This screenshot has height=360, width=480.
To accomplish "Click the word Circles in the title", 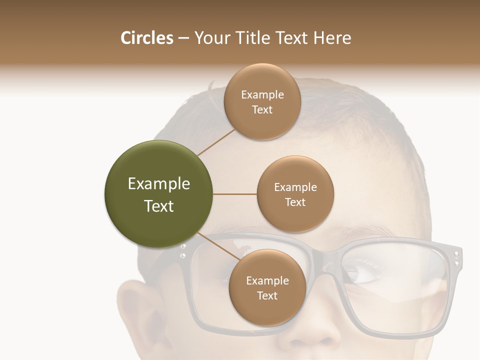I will (x=146, y=38).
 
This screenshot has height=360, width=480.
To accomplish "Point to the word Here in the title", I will (x=332, y=38).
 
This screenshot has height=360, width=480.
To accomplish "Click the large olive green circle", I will (x=159, y=194).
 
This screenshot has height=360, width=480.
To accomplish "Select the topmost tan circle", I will (x=262, y=101).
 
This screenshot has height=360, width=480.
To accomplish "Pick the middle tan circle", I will (x=295, y=194).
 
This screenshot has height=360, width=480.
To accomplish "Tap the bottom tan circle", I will (x=267, y=287).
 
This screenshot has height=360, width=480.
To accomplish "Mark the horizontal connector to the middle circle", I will (x=235, y=194).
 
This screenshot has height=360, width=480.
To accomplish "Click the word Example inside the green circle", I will (x=159, y=183).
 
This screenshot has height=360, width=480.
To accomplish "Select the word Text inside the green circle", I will (x=159, y=205).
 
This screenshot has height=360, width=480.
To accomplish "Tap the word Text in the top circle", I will (x=262, y=109).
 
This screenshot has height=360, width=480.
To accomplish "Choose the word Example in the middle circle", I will (x=295, y=187).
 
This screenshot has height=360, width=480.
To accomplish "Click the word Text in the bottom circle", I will (x=267, y=295).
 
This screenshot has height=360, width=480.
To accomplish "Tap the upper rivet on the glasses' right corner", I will (x=456, y=254).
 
